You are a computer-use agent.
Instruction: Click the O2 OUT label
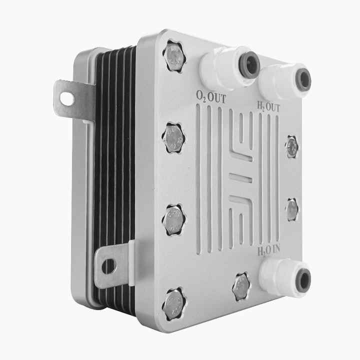click(x=211, y=97)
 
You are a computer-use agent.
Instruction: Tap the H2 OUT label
click(x=268, y=107)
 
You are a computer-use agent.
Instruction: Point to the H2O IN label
click(x=269, y=250)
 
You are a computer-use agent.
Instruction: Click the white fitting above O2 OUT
click(x=229, y=67)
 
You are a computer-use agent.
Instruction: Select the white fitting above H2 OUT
click(x=284, y=81)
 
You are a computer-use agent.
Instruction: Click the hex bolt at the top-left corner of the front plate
click(x=174, y=56)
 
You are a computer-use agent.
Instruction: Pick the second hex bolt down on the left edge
click(x=174, y=138)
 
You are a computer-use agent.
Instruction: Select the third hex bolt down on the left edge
click(x=174, y=220)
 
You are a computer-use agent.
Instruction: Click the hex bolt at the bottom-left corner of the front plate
click(x=174, y=304)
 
